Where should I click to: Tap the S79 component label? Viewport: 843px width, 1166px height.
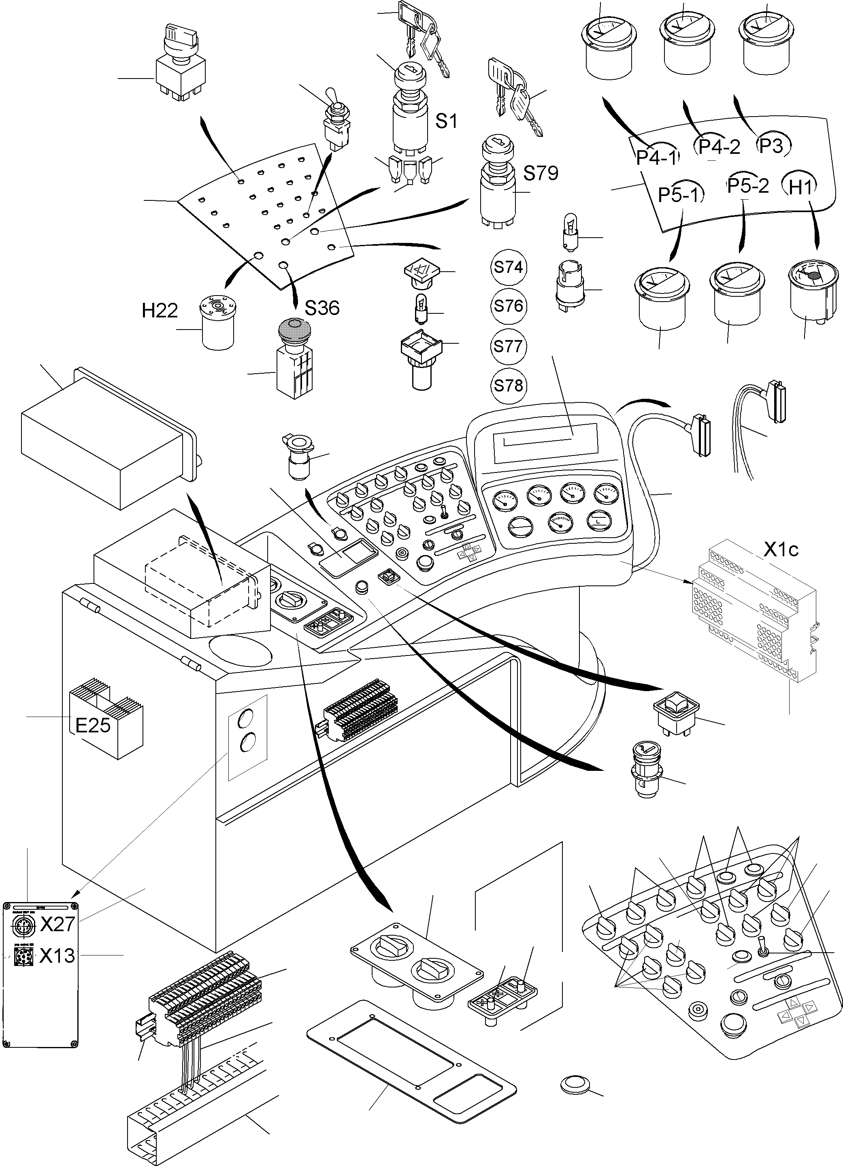pyautogui.click(x=540, y=173)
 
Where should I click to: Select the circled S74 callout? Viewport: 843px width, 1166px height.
pyautogui.click(x=508, y=267)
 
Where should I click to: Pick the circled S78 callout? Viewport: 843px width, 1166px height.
pyautogui.click(x=508, y=385)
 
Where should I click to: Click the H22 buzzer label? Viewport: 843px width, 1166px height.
pyautogui.click(x=160, y=311)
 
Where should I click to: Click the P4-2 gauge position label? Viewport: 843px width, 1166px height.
pyautogui.click(x=719, y=147)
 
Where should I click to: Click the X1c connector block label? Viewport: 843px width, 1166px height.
pyautogui.click(x=780, y=550)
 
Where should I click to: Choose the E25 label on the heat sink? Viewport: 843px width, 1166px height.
pyautogui.click(x=93, y=726)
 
